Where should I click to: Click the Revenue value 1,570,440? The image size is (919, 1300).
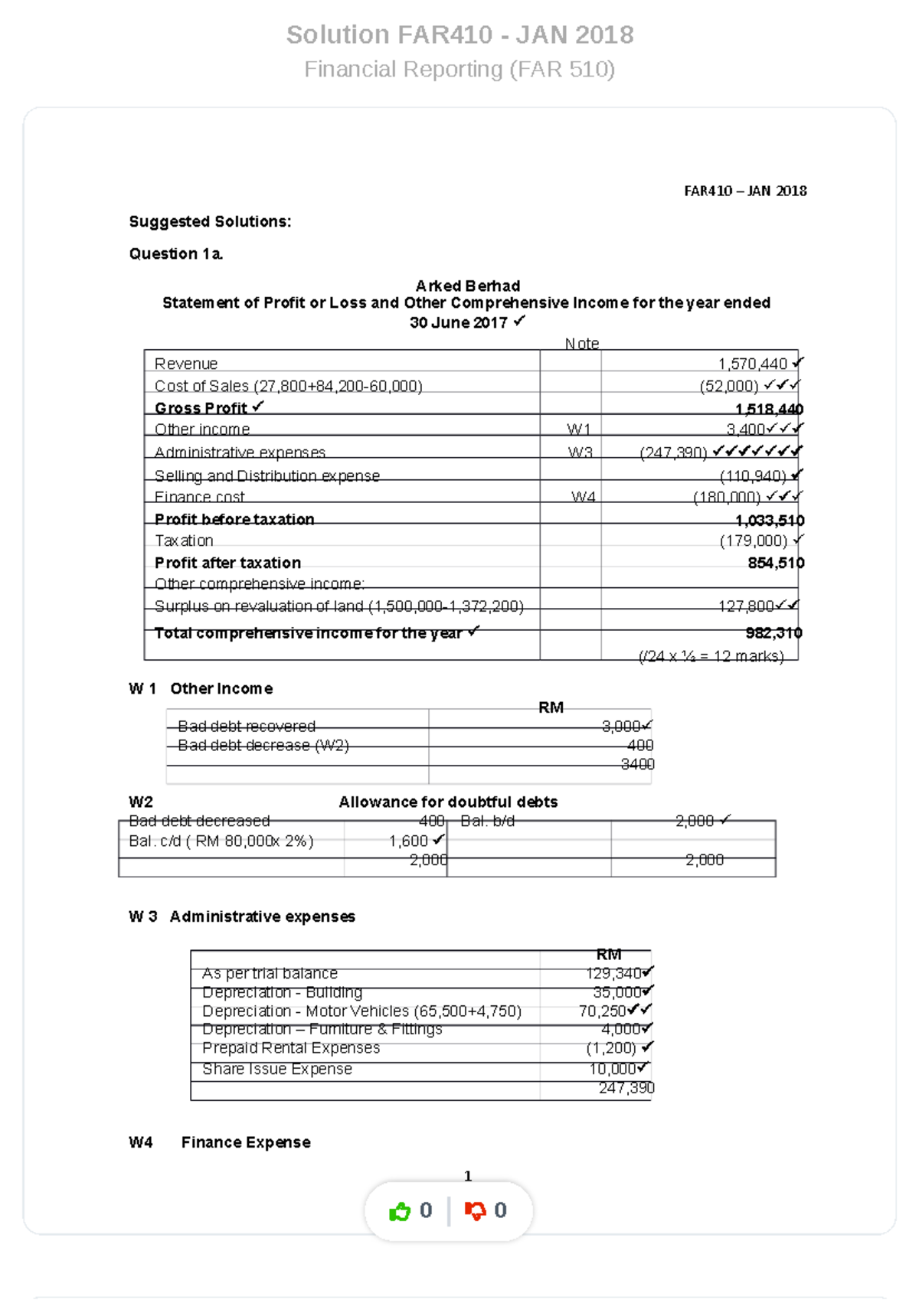pyautogui.click(x=752, y=364)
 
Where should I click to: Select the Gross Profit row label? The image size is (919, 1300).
pyautogui.click(x=201, y=408)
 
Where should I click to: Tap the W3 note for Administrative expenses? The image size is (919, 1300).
pyautogui.click(x=580, y=452)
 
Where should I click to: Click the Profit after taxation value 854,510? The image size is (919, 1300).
pyautogui.click(x=775, y=563)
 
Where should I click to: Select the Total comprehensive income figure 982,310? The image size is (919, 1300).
pyautogui.click(x=773, y=633)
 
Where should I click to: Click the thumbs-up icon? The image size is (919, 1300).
pyautogui.click(x=400, y=1211)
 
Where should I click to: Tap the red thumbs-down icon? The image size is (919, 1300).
pyautogui.click(x=475, y=1211)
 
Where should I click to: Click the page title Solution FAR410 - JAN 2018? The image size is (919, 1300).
pyautogui.click(x=459, y=35)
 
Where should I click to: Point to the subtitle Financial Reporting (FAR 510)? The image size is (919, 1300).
pyautogui.click(x=459, y=70)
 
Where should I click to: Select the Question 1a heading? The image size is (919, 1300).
pyautogui.click(x=175, y=254)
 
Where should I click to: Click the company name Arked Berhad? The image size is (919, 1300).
pyautogui.click(x=467, y=286)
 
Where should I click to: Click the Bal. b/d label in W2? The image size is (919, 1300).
pyautogui.click(x=488, y=821)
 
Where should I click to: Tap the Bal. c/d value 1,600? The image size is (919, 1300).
pyautogui.click(x=408, y=841)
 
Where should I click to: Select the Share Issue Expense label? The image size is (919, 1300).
pyautogui.click(x=276, y=1070)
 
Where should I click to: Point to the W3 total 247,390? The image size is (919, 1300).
pyautogui.click(x=626, y=1089)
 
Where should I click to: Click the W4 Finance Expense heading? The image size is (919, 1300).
pyautogui.click(x=245, y=1142)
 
